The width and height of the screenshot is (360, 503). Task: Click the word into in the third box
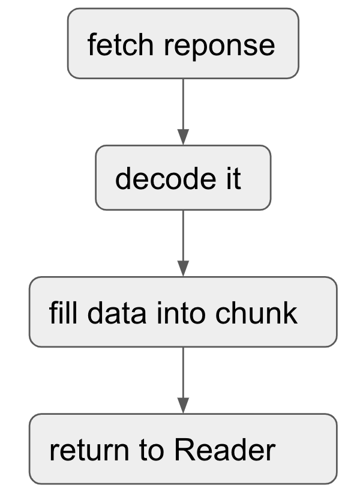click(175, 313)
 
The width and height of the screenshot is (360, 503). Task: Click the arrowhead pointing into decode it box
click(183, 137)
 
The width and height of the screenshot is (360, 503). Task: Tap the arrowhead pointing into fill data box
click(183, 268)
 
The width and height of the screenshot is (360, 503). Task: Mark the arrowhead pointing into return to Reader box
click(183, 405)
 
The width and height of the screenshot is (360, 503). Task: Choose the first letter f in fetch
click(91, 45)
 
